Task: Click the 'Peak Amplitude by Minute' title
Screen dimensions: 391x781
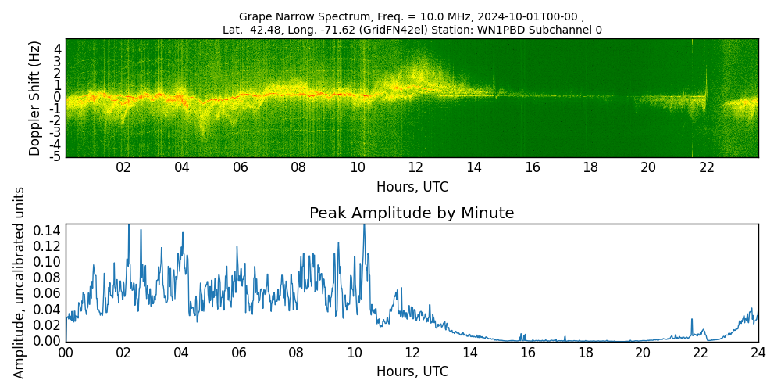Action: point(412,213)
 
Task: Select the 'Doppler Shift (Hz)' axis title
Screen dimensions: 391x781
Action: point(35,98)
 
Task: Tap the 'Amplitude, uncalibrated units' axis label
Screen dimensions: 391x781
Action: point(20,282)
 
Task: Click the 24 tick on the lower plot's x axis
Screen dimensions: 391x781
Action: point(758,353)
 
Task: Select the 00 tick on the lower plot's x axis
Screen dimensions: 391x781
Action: point(66,353)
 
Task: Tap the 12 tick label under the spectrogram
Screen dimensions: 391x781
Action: point(415,167)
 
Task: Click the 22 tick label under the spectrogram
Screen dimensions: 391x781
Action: point(707,167)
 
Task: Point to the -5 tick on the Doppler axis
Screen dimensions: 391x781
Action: point(56,156)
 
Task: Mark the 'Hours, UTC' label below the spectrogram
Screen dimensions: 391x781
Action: point(412,187)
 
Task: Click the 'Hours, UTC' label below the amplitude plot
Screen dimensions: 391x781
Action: point(412,371)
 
